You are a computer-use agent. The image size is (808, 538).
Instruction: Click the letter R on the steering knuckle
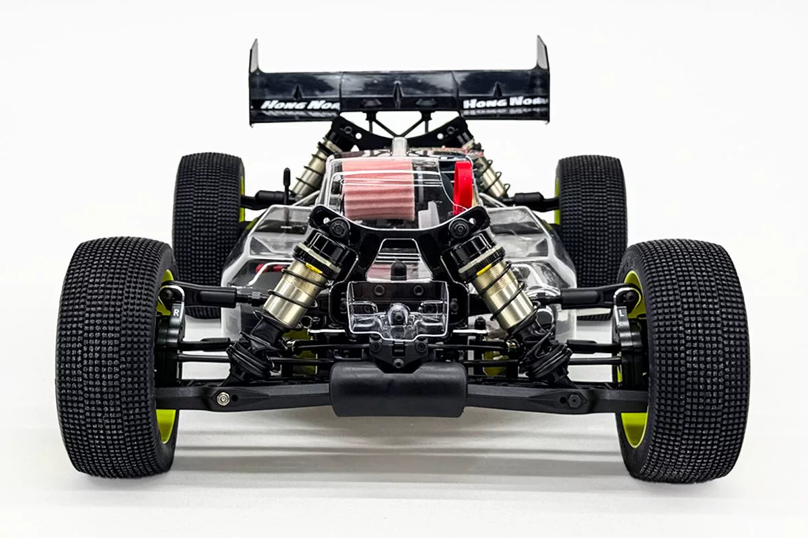176,312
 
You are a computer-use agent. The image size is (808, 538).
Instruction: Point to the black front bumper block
398,389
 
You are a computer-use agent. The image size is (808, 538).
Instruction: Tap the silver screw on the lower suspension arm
223,399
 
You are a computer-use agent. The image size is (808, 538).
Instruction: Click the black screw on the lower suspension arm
574,400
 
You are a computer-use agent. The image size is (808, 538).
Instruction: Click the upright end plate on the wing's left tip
254,58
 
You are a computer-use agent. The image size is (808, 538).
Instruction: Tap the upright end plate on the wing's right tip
542,54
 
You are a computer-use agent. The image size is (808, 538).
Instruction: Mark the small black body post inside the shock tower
399,270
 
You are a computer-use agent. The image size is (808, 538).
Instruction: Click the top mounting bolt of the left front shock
339,228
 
